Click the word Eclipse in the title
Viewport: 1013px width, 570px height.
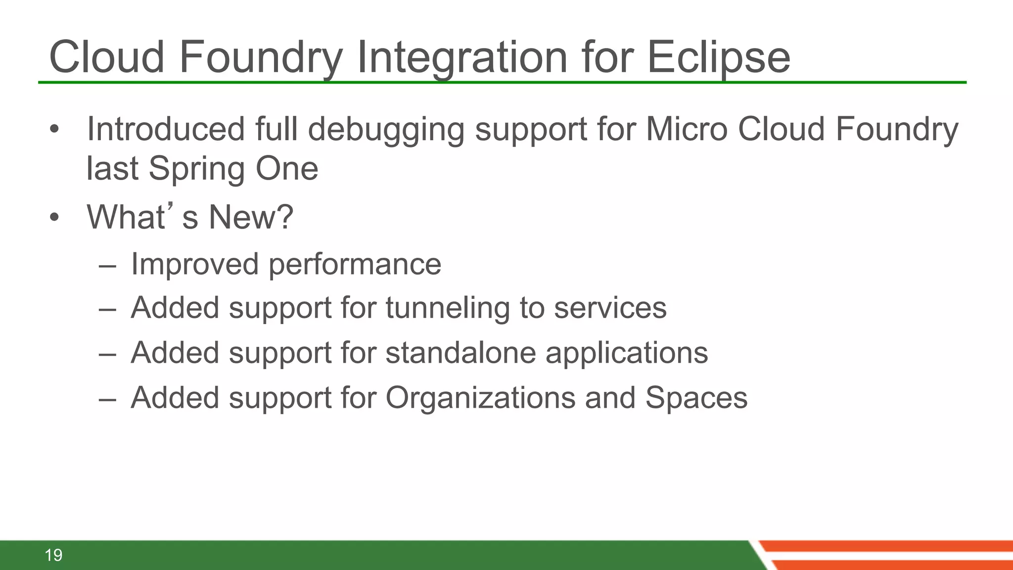718,57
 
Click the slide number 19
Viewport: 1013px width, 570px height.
53,555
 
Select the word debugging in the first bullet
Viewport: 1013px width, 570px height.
386,130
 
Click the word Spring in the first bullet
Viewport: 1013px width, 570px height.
196,169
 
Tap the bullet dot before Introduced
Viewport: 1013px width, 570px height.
54,130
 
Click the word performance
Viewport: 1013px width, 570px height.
355,264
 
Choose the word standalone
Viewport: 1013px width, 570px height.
460,353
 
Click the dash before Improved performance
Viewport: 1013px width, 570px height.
107,266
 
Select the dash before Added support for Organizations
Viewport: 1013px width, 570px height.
107,399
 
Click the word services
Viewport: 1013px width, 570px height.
610,308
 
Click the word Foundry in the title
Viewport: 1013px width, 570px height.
260,57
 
